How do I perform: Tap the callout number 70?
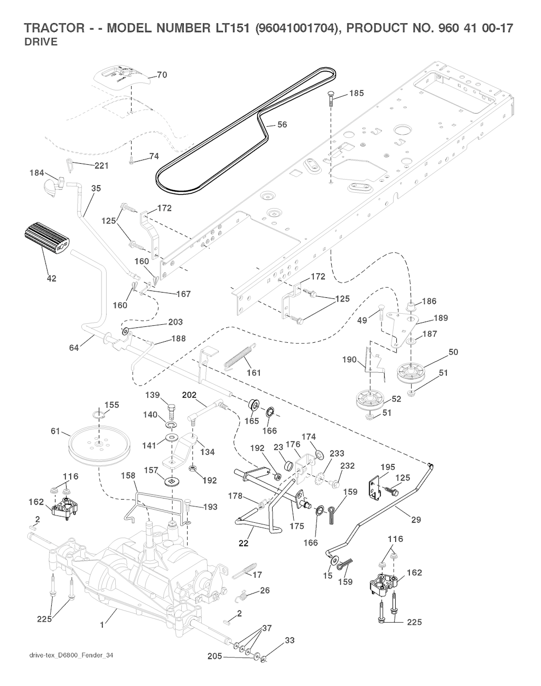[x=162, y=75]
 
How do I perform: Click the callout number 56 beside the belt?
[x=282, y=125]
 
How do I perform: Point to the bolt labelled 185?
[x=331, y=98]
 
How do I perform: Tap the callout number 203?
[x=175, y=322]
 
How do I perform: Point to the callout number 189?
[x=441, y=318]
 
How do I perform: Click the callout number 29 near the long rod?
[x=416, y=520]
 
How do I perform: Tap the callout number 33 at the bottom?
[x=289, y=641]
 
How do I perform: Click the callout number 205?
[x=214, y=656]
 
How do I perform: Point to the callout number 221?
[x=101, y=166]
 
